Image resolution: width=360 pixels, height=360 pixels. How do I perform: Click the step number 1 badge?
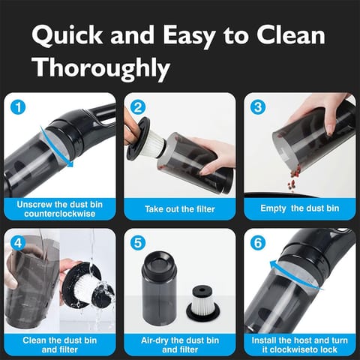pos(18,107)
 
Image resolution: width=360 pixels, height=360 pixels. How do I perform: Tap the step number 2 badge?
pos(138,107)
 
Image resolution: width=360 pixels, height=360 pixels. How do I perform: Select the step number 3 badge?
pos(258,107)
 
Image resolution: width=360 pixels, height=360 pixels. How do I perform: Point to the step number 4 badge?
pos(18,243)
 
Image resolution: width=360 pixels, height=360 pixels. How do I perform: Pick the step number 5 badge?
pos(138,243)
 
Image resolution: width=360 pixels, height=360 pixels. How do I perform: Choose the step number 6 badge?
pos(258,243)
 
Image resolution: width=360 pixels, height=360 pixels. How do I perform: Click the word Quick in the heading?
pos(67,35)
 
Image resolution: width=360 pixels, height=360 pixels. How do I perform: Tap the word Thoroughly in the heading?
pos(102,68)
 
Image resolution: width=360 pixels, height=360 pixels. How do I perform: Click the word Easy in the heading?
pos(189,36)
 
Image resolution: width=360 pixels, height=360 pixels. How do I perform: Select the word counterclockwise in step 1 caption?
pos(60,214)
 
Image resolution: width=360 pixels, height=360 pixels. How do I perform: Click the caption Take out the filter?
pos(180,209)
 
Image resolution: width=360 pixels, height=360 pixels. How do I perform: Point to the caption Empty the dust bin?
pos(300,208)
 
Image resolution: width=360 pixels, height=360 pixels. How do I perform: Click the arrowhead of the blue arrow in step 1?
pos(70,163)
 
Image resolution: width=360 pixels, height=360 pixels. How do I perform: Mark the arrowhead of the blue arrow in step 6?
pos(274,264)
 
